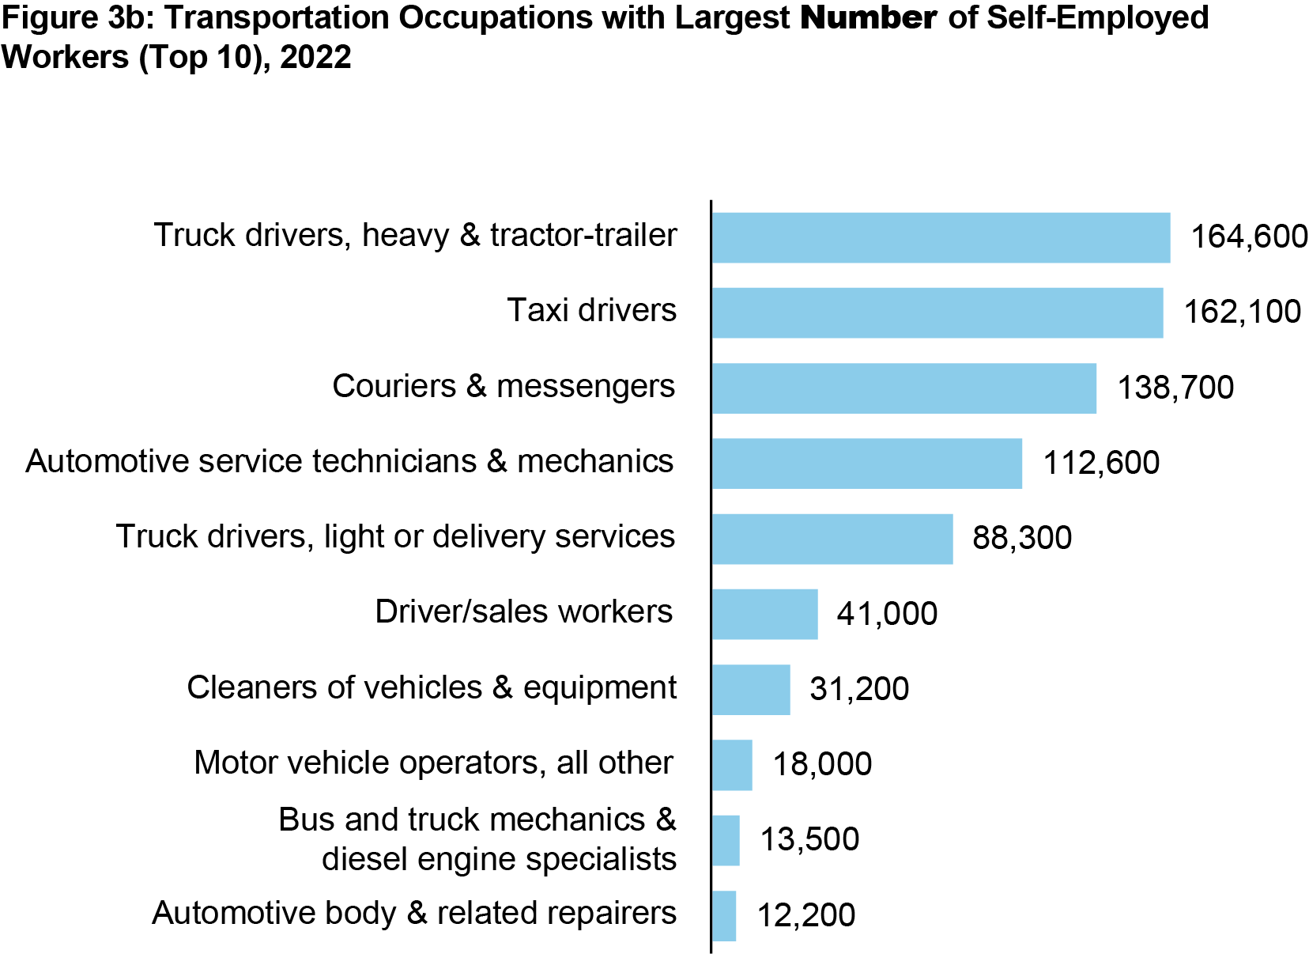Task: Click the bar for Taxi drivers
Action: point(937,312)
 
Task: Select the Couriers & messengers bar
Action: point(903,388)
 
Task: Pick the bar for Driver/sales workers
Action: point(764,614)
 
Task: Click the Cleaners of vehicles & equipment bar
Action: point(750,690)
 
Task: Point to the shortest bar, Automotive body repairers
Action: point(723,916)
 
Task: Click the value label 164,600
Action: point(1249,237)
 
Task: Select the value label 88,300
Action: point(1021,538)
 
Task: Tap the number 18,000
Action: point(822,764)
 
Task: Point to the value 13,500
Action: point(809,839)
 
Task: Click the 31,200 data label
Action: point(859,689)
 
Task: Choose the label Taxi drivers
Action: point(591,310)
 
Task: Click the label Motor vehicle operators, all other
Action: point(433,763)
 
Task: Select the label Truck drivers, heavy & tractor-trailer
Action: point(415,235)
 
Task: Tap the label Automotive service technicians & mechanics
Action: point(349,461)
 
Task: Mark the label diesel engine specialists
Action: point(499,859)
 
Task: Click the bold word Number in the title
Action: point(868,17)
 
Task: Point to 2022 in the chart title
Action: point(315,57)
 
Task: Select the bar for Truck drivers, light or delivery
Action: point(832,539)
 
